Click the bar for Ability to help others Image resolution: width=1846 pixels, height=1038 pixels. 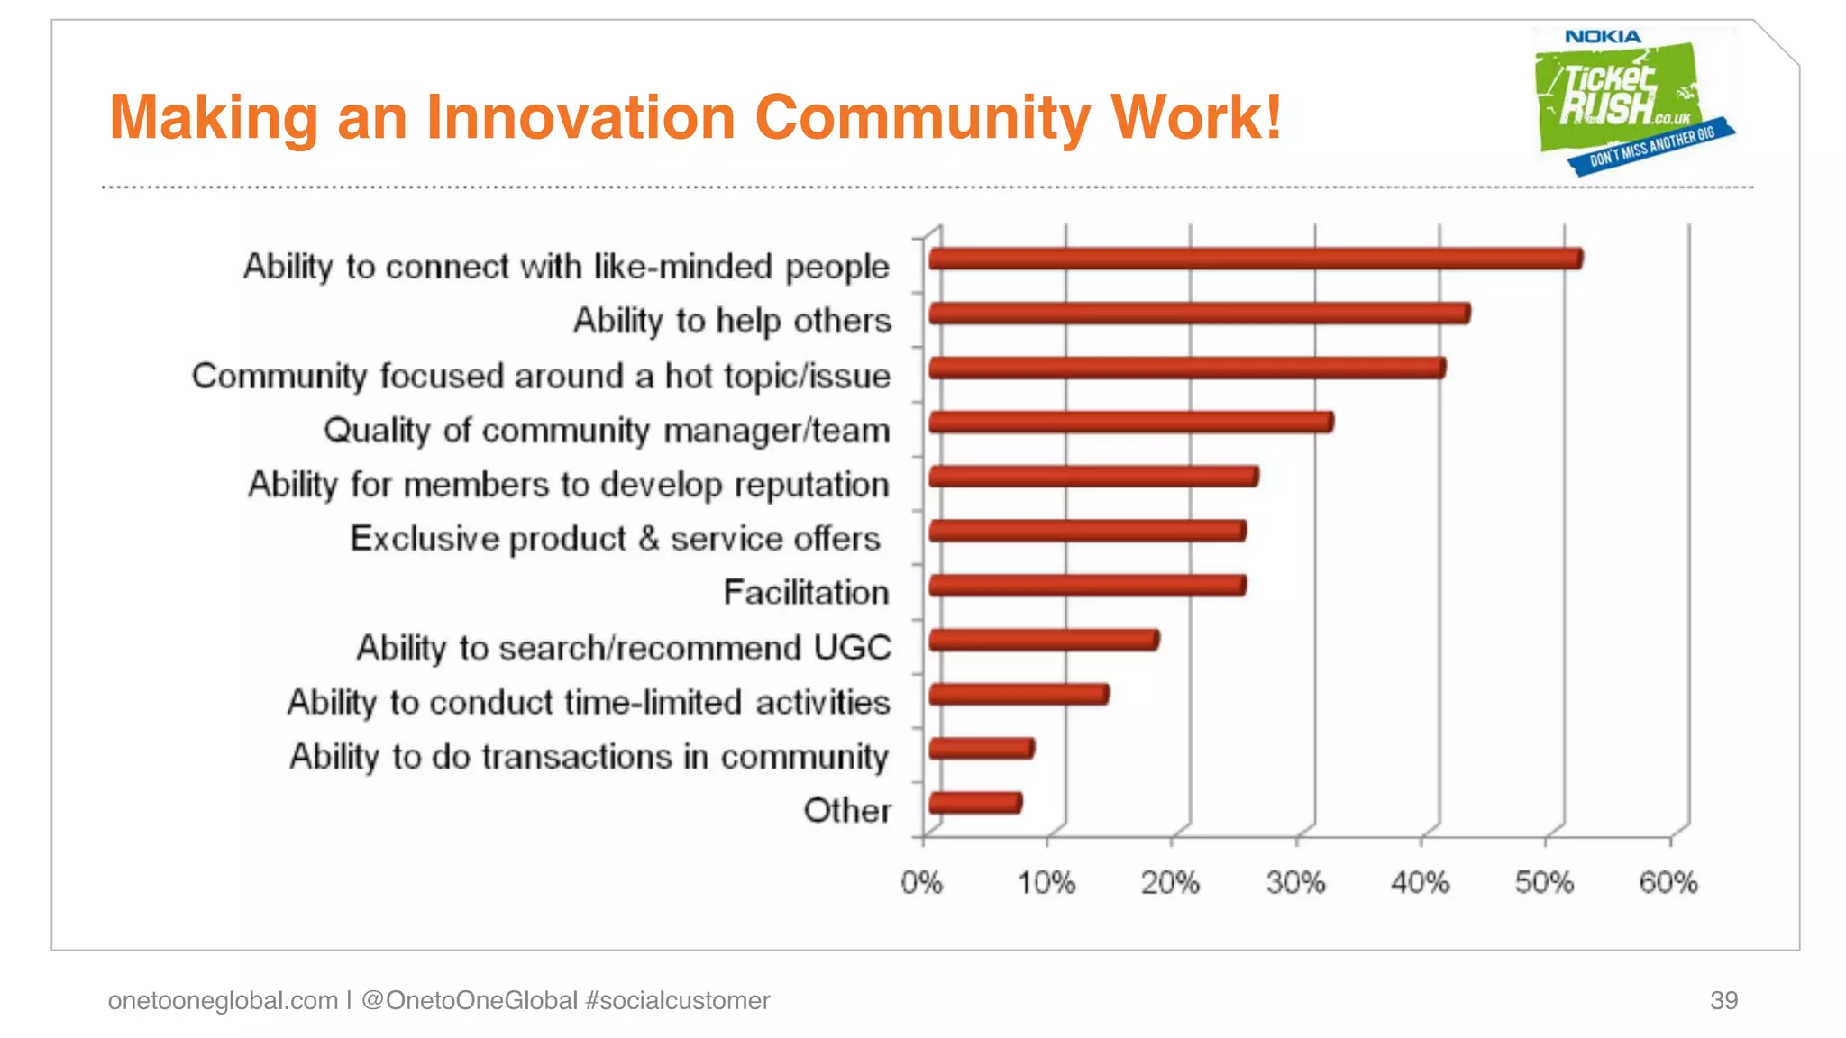tap(1199, 314)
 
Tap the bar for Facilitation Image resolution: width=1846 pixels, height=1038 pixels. tap(1087, 586)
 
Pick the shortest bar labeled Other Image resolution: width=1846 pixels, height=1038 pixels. tap(974, 803)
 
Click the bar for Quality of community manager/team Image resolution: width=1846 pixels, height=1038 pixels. tap(1130, 422)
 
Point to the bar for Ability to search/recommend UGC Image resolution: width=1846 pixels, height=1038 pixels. tap(1043, 640)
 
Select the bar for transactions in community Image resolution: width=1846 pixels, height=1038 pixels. tap(981, 748)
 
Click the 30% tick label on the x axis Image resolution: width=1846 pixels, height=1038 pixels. tap(1295, 882)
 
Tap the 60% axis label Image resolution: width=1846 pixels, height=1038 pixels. tap(1668, 882)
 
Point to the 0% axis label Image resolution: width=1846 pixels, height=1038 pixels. tap(921, 882)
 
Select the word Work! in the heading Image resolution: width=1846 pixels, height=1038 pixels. tap(1196, 118)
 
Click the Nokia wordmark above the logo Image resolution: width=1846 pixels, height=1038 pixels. tap(1603, 37)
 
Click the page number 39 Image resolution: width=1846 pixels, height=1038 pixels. tap(1723, 1000)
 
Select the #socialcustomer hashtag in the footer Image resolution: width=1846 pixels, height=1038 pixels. tap(677, 1000)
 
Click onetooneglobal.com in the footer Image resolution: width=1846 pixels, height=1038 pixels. tap(223, 1000)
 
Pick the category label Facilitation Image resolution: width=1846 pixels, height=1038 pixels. tap(806, 593)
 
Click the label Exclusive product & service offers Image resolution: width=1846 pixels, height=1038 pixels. tap(615, 539)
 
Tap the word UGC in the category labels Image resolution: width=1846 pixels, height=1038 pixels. tap(852, 648)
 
